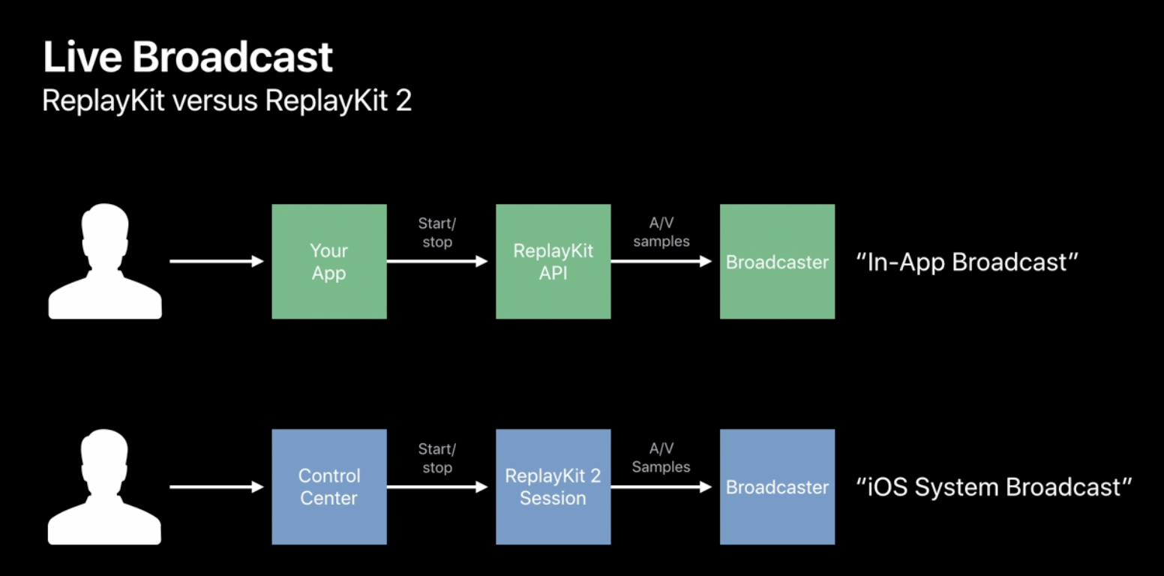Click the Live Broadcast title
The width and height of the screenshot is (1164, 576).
[187, 58]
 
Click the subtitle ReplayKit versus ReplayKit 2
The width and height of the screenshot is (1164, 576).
[226, 100]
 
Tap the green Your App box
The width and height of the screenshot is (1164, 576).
[329, 262]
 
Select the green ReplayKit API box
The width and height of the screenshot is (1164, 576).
[553, 262]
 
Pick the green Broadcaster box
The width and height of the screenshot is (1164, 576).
[777, 262]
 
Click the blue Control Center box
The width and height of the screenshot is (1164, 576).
[329, 487]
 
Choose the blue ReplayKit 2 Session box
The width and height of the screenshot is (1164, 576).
[553, 487]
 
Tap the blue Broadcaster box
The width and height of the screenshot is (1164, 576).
[777, 487]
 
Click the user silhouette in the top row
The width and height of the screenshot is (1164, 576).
[105, 262]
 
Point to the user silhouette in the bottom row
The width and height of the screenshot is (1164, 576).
[105, 487]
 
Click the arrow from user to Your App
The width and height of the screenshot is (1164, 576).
[217, 262]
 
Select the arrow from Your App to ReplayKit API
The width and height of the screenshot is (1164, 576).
[437, 262]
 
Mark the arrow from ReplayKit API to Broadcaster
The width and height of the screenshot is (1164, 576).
[661, 262]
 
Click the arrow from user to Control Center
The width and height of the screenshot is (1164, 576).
[217, 487]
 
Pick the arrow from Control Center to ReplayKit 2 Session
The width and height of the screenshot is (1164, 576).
[437, 487]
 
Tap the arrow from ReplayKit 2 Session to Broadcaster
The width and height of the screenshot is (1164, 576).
[661, 487]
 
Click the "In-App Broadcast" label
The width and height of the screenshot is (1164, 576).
[967, 262]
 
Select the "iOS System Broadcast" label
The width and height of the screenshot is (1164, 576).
[993, 487]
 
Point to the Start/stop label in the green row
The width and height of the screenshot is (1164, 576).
[437, 233]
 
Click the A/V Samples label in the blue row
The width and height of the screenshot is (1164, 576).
[661, 457]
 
